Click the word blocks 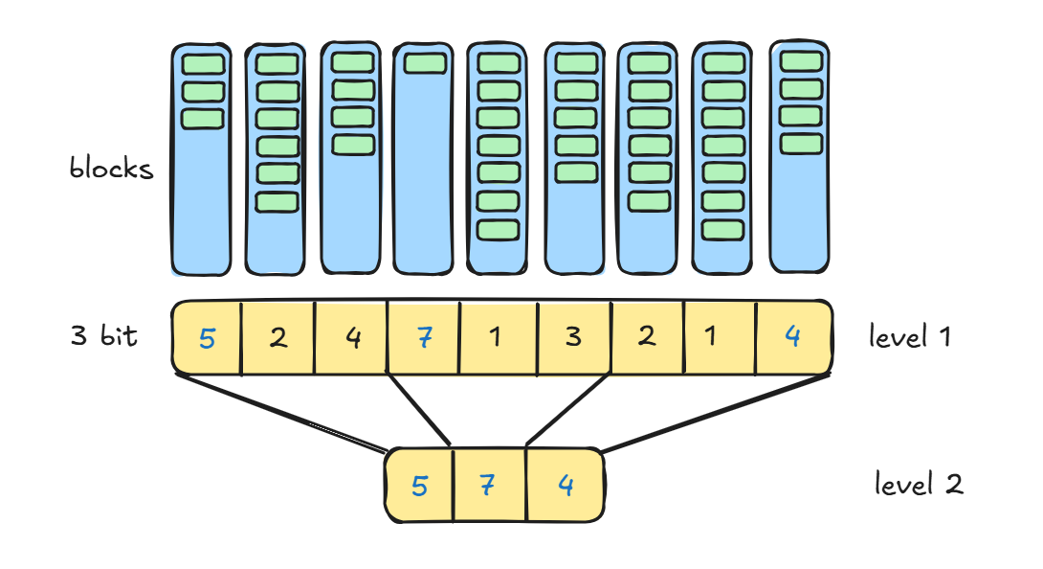click(111, 170)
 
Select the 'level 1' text click(909, 337)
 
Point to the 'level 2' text click(918, 485)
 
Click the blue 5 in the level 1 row click(207, 338)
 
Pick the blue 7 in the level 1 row click(423, 338)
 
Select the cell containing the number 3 click(572, 338)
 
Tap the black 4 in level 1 click(352, 338)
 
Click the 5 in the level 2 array click(419, 487)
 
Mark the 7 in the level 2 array click(489, 487)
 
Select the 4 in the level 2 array click(566, 487)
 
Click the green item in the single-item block click(424, 63)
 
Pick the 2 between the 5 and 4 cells click(277, 338)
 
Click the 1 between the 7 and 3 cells click(497, 338)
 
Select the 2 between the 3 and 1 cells click(646, 338)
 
